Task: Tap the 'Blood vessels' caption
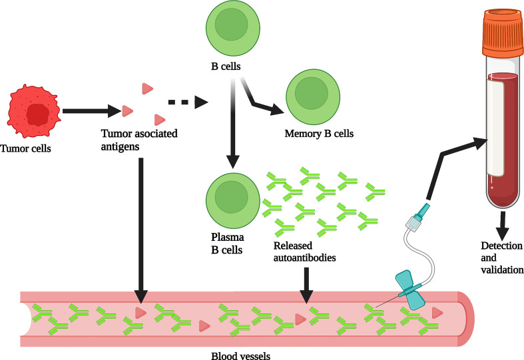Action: [x=238, y=355]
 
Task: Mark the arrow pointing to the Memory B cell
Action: [x=263, y=103]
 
